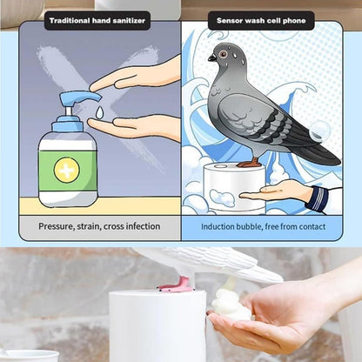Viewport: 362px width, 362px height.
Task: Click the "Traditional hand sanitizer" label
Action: tap(97, 19)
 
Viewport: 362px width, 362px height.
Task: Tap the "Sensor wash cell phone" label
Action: tap(261, 19)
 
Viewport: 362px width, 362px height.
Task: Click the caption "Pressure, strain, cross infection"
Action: tap(99, 226)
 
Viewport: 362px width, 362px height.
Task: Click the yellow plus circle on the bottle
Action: tap(66, 169)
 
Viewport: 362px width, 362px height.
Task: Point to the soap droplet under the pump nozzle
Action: tap(100, 112)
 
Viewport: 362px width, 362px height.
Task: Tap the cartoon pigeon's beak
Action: tap(211, 58)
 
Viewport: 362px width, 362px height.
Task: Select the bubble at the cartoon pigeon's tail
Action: tap(320, 131)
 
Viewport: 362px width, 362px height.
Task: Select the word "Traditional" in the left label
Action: tap(73, 19)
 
